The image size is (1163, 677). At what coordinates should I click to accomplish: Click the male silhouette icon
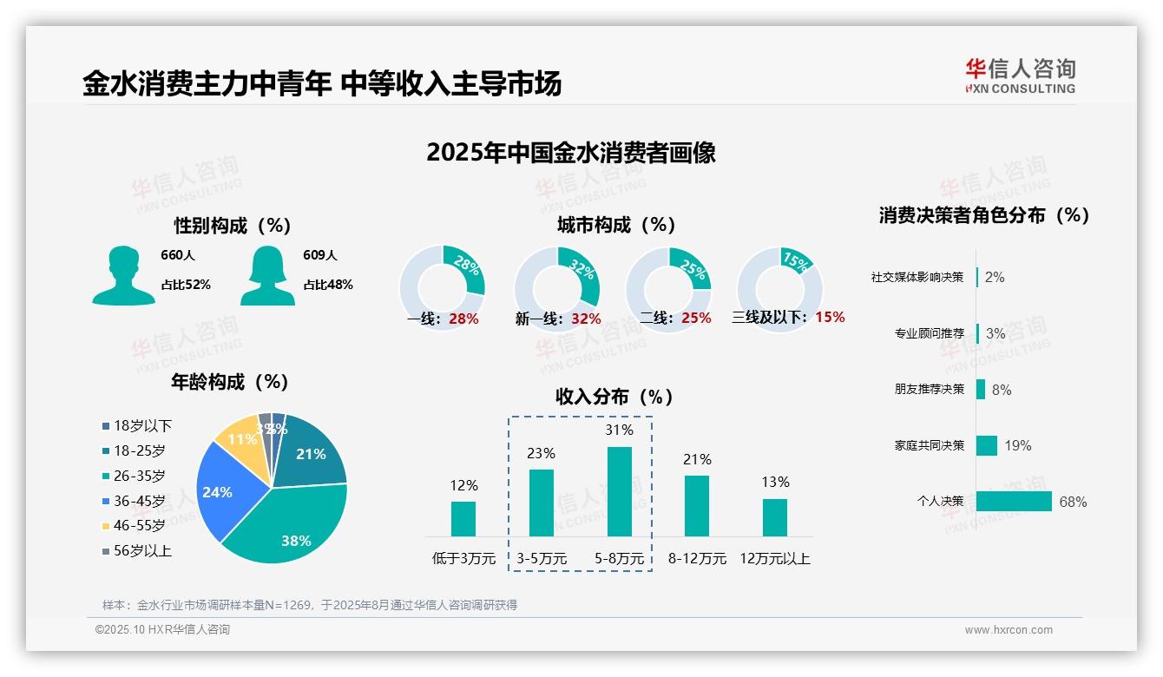pyautogui.click(x=123, y=275)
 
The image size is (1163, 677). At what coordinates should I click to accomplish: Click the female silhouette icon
pyautogui.click(x=267, y=275)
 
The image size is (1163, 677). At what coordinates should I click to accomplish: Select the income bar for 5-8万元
pyautogui.click(x=619, y=491)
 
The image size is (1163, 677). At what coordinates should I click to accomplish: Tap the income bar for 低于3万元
pyautogui.click(x=463, y=518)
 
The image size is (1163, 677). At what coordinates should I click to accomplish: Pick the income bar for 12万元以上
pyautogui.click(x=775, y=517)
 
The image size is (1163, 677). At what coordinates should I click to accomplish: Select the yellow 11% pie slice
pyautogui.click(x=239, y=442)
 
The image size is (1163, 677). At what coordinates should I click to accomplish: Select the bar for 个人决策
pyautogui.click(x=1014, y=502)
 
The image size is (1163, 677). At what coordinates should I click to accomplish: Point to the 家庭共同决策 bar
pyautogui.click(x=987, y=445)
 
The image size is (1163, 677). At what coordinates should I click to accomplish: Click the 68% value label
pyautogui.click(x=1073, y=502)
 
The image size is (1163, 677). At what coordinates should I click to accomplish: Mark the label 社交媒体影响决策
pyautogui.click(x=917, y=277)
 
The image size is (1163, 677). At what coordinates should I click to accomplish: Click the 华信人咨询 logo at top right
pyautogui.click(x=1020, y=76)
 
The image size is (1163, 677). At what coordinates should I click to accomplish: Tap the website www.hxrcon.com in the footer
pyautogui.click(x=1009, y=630)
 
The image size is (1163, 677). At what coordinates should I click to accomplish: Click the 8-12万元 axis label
pyautogui.click(x=697, y=558)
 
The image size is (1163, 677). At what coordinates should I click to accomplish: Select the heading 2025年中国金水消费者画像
pyautogui.click(x=571, y=153)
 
